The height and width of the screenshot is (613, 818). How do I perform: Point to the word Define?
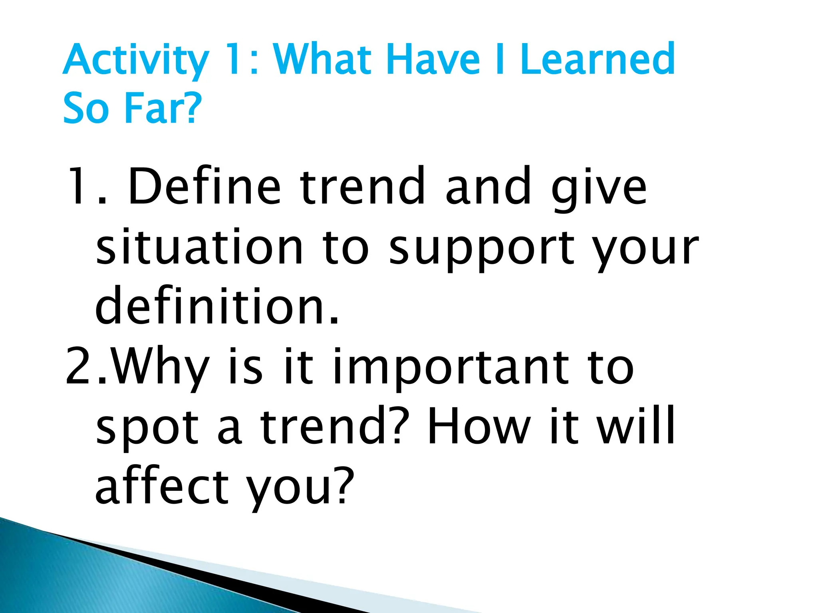click(204, 186)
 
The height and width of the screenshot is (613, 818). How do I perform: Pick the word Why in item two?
click(160, 367)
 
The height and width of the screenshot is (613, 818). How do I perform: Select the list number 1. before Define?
click(86, 186)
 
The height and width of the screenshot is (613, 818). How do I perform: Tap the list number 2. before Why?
click(86, 366)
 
